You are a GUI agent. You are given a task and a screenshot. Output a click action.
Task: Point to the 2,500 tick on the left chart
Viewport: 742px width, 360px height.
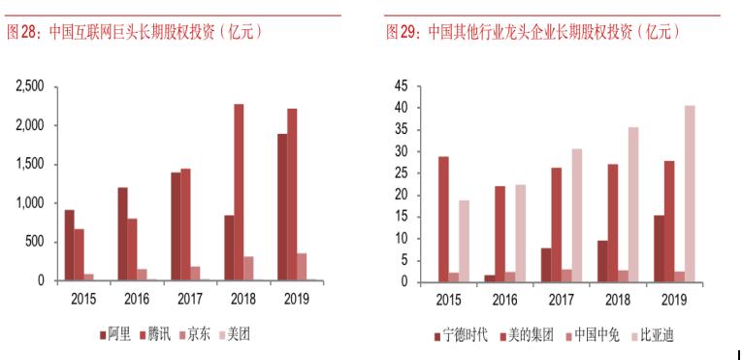pyautogui.click(x=29, y=86)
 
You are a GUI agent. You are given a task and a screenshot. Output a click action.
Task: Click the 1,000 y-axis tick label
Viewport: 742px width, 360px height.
pyautogui.click(x=29, y=203)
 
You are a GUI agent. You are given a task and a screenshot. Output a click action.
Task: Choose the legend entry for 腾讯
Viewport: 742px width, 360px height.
pyautogui.click(x=155, y=335)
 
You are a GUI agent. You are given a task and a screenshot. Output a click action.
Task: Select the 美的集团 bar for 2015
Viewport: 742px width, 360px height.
pyautogui.click(x=443, y=219)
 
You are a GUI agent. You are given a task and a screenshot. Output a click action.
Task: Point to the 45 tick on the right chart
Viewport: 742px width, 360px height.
pyautogui.click(x=401, y=86)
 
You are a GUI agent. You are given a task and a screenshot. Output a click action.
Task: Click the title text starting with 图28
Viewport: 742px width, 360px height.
pyautogui.click(x=136, y=32)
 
